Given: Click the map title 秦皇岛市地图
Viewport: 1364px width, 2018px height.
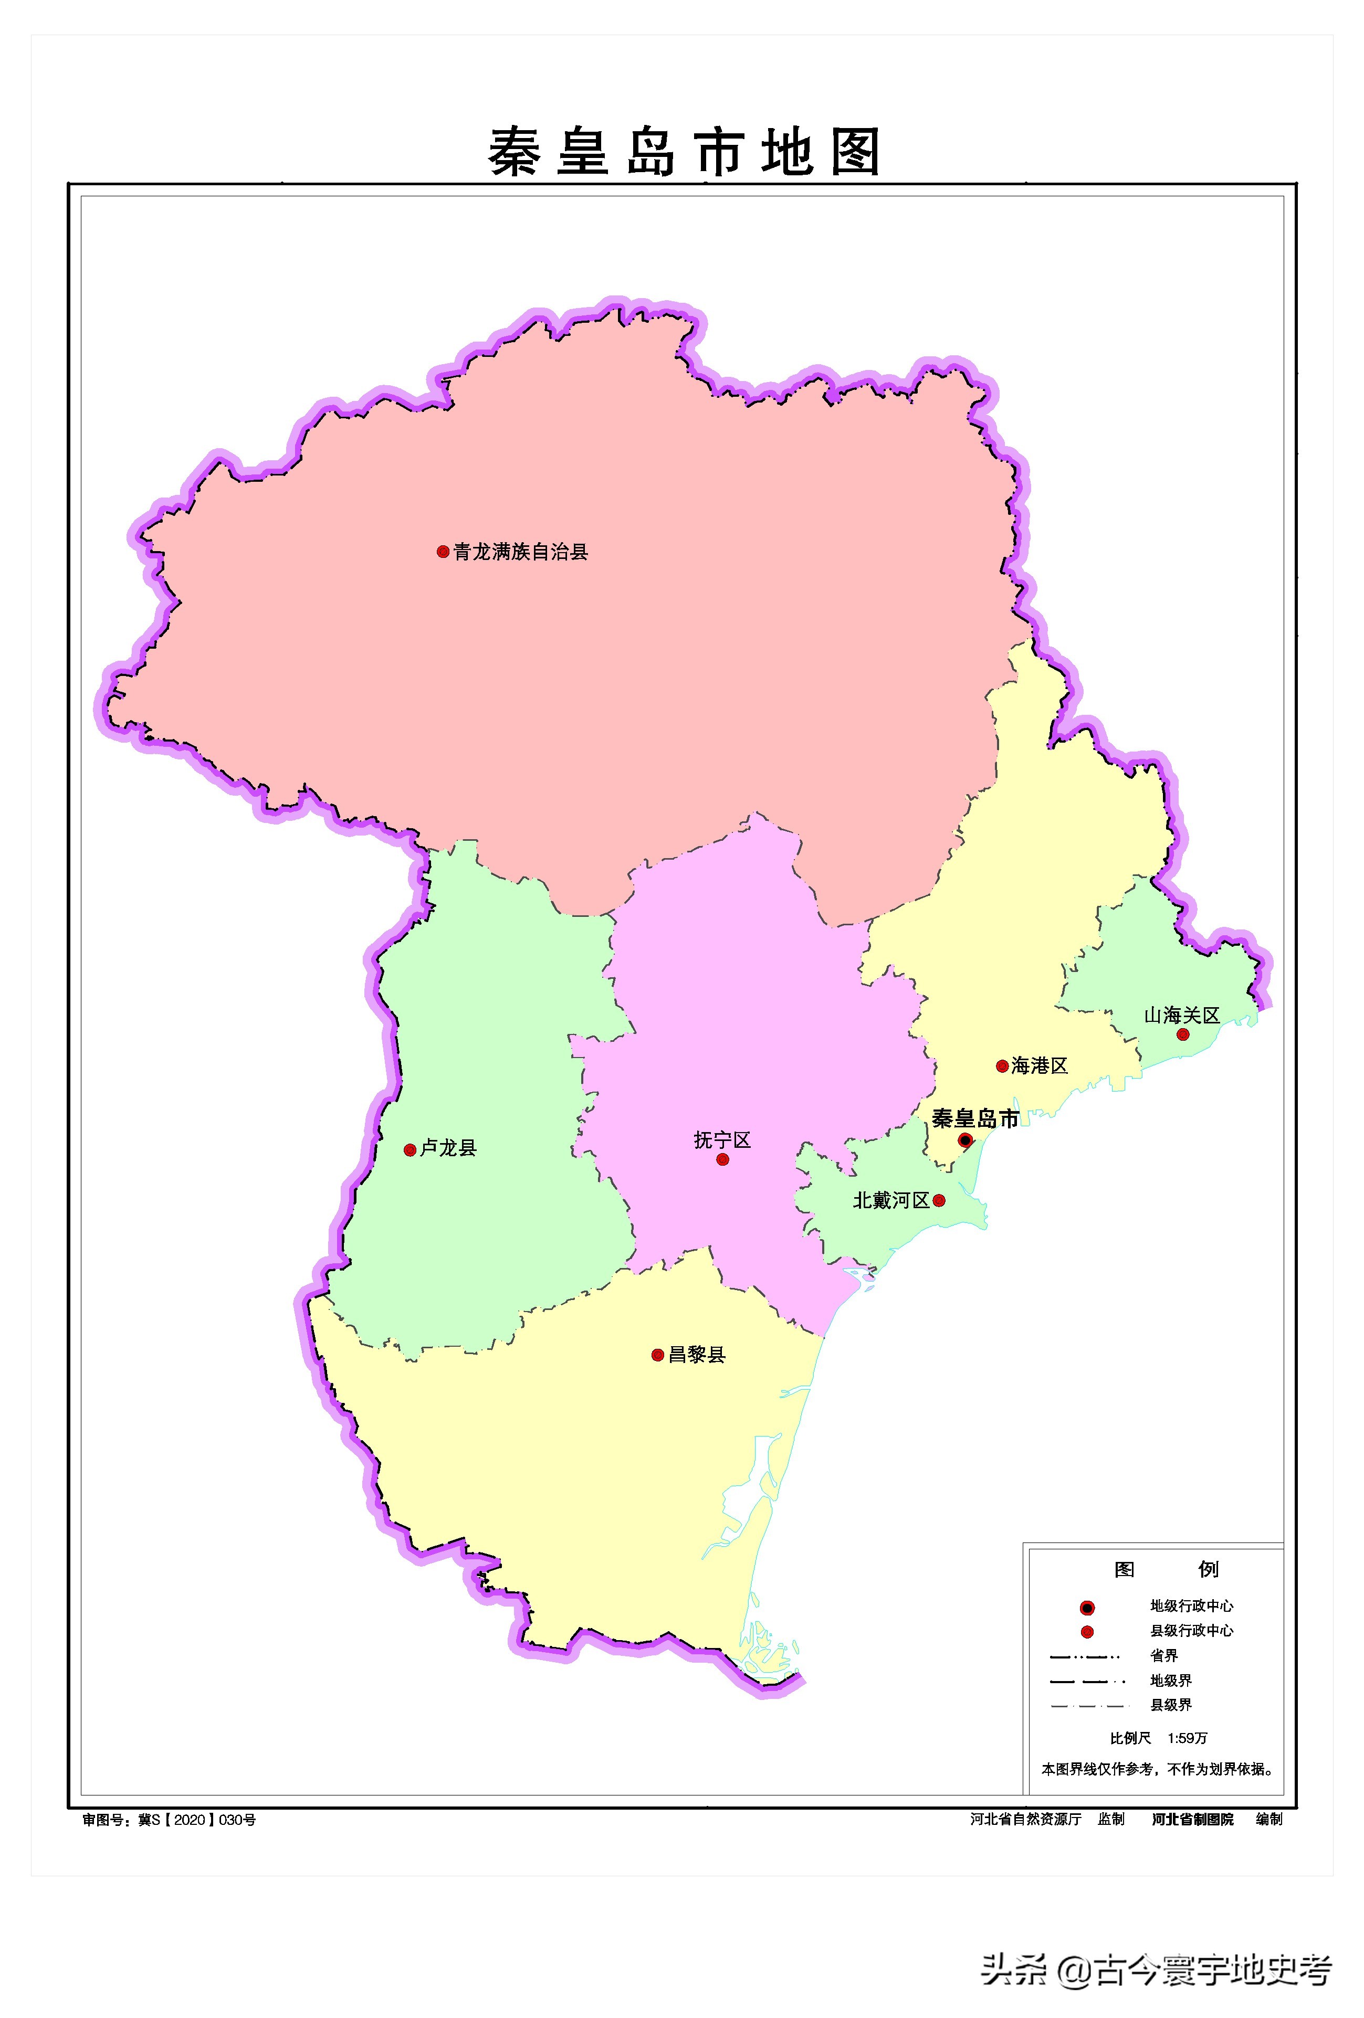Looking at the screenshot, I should pos(684,152).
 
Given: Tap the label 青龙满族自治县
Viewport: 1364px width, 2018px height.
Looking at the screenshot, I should pos(520,552).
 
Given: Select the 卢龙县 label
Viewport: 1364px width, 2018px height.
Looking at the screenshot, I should pos(448,1148).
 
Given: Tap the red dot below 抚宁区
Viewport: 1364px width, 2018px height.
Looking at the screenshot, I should pos(722,1159).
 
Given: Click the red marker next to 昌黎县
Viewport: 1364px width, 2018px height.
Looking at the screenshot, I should pos(658,1355).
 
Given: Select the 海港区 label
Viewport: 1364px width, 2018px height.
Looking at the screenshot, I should pos(1039,1065).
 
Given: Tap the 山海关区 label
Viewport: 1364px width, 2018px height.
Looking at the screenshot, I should pos(1181,1015).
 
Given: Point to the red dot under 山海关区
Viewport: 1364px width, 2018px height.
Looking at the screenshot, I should pos(1182,1034).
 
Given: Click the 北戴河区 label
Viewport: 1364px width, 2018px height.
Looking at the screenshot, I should pos(890,1200).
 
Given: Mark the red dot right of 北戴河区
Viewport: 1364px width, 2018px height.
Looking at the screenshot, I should pos(938,1201).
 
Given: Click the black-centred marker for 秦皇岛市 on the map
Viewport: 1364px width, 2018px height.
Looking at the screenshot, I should pos(965,1140).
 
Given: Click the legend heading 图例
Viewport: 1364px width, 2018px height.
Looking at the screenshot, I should pos(1165,1569).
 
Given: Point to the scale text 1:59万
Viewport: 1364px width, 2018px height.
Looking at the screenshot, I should pos(1187,1738).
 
